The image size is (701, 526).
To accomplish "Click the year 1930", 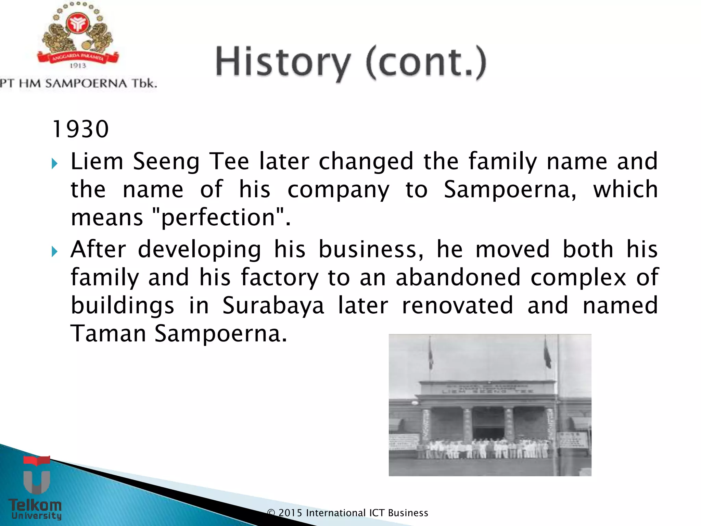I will tap(81, 129).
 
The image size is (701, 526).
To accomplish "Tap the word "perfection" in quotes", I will tap(218, 217).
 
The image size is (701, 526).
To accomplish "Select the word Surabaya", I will tap(273, 305).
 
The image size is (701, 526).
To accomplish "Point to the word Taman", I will tap(108, 334).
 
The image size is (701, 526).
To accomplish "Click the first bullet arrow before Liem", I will tap(54, 164).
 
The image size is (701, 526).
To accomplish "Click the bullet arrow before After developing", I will tap(54, 252).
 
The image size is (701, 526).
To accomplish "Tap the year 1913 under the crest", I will tap(78, 65).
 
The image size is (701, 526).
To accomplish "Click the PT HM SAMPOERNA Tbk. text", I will tap(78, 83).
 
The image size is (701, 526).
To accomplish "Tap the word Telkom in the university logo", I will tap(35, 505).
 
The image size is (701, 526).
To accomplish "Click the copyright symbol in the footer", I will tap(271, 513).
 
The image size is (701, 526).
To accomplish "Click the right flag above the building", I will tap(547, 356).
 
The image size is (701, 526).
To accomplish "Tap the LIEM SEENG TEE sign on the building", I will tap(488, 391).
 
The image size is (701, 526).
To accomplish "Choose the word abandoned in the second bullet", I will tap(458, 277).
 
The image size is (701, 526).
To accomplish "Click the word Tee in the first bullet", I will tap(229, 161).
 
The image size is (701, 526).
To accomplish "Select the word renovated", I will tap(457, 305).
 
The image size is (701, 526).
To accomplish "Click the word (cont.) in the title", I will tap(426, 63).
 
